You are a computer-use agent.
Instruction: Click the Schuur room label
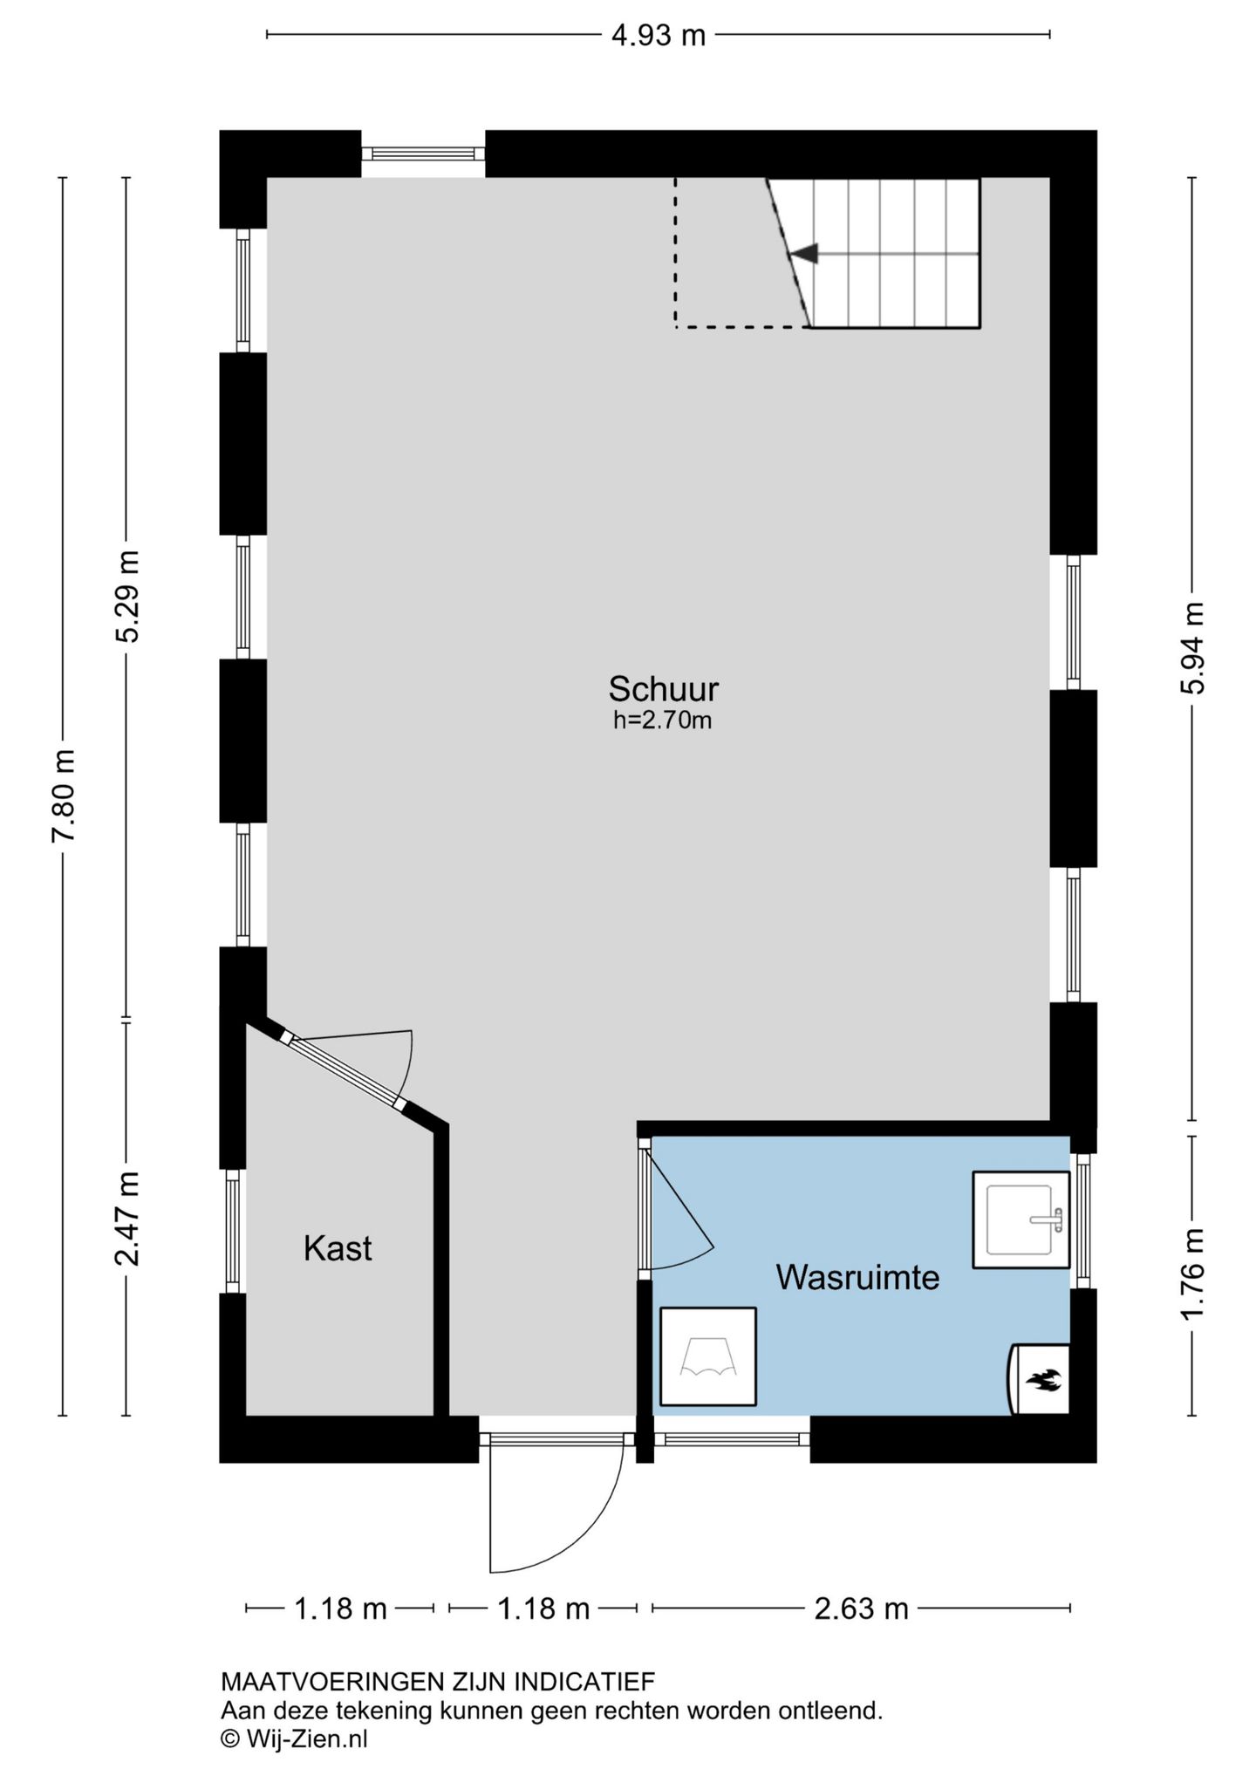[663, 689]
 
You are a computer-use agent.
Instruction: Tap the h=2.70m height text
[663, 721]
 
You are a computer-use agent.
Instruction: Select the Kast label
[338, 1248]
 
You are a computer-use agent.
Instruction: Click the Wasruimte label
[857, 1278]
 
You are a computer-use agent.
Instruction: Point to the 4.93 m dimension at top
[659, 35]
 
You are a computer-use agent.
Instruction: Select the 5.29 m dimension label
[127, 596]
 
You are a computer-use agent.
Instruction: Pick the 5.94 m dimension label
[1192, 648]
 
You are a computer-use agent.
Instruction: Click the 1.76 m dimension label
[1192, 1274]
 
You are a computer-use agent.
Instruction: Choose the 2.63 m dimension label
[861, 1608]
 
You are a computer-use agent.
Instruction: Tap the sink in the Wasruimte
[1020, 1219]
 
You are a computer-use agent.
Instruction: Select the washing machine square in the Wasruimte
[707, 1356]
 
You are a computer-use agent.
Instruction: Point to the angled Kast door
[344, 1073]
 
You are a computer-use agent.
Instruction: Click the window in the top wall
[423, 154]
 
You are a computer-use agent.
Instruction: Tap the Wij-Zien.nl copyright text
[294, 1738]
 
